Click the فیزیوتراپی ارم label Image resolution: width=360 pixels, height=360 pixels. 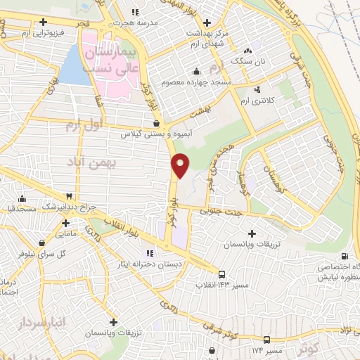pyautogui.click(x=53, y=32)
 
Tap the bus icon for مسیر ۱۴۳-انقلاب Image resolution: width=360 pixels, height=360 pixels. pyautogui.click(x=222, y=274)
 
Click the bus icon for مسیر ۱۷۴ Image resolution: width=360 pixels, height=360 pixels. pyautogui.click(x=266, y=340)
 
